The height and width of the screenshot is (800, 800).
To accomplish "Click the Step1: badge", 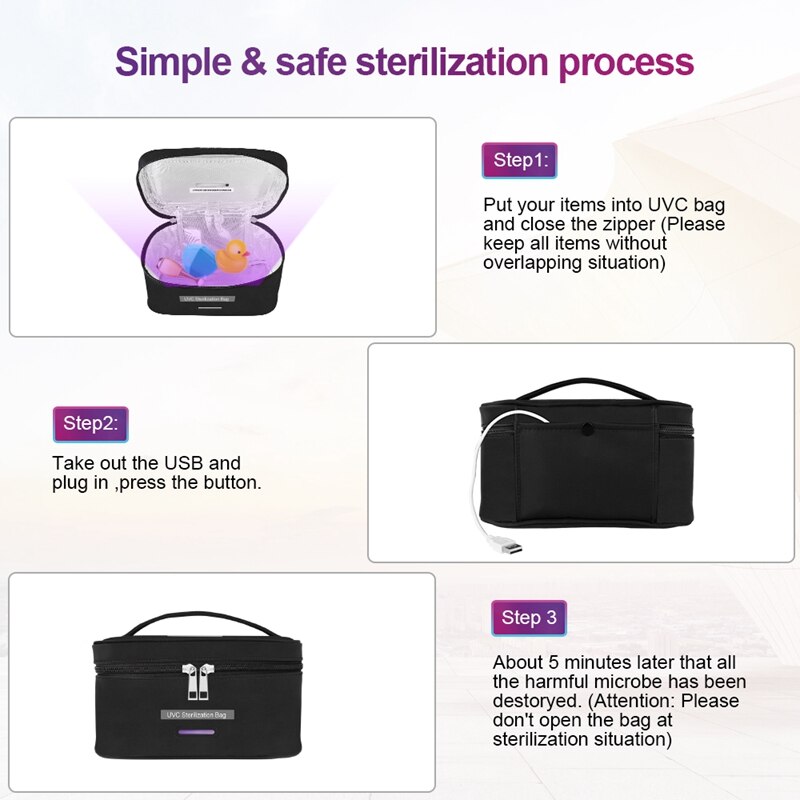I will pos(519,160).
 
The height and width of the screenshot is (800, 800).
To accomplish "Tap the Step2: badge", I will pos(90,423).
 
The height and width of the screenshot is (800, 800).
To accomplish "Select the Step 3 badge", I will pos(529,618).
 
